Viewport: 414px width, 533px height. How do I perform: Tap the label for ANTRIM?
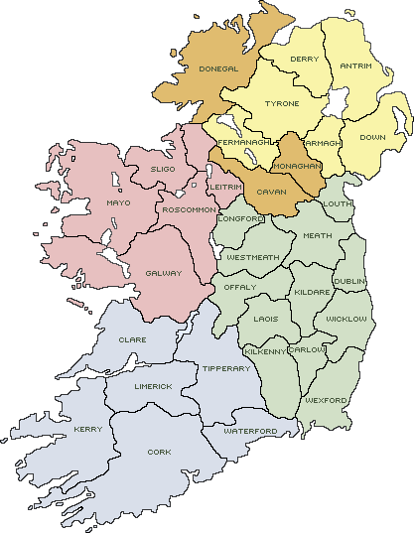tap(355, 66)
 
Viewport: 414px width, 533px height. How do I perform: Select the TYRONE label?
tap(282, 103)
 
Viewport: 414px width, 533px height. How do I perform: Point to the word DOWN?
tap(372, 137)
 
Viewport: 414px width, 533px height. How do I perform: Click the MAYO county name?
tap(118, 202)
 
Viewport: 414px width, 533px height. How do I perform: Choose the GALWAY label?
tap(164, 272)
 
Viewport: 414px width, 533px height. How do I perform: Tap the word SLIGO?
tap(162, 169)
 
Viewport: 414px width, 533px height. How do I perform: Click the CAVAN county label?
tap(271, 191)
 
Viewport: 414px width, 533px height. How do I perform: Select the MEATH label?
tap(318, 235)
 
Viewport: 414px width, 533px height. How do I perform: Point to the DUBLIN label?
tap(349, 281)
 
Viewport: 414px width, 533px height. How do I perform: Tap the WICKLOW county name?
tap(346, 319)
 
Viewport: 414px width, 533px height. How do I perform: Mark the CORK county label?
tap(159, 451)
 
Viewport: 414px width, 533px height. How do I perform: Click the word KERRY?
tap(87, 429)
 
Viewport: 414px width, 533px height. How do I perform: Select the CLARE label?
tap(132, 339)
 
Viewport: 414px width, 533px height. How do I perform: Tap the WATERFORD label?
tap(250, 431)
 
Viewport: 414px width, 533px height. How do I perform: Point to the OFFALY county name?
tap(240, 286)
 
